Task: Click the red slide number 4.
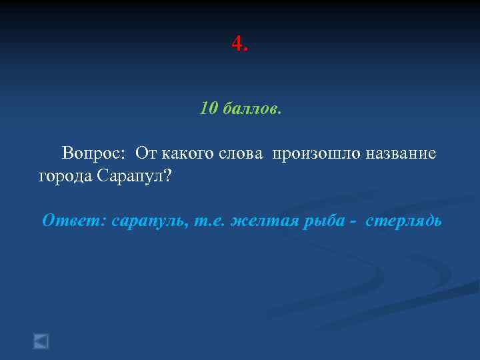pos(238,45)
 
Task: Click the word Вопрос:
pos(94,154)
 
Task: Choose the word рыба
pos(321,221)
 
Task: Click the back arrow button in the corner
pos(41,341)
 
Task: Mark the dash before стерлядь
pos(353,221)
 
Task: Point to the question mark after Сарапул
pos(167,176)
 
